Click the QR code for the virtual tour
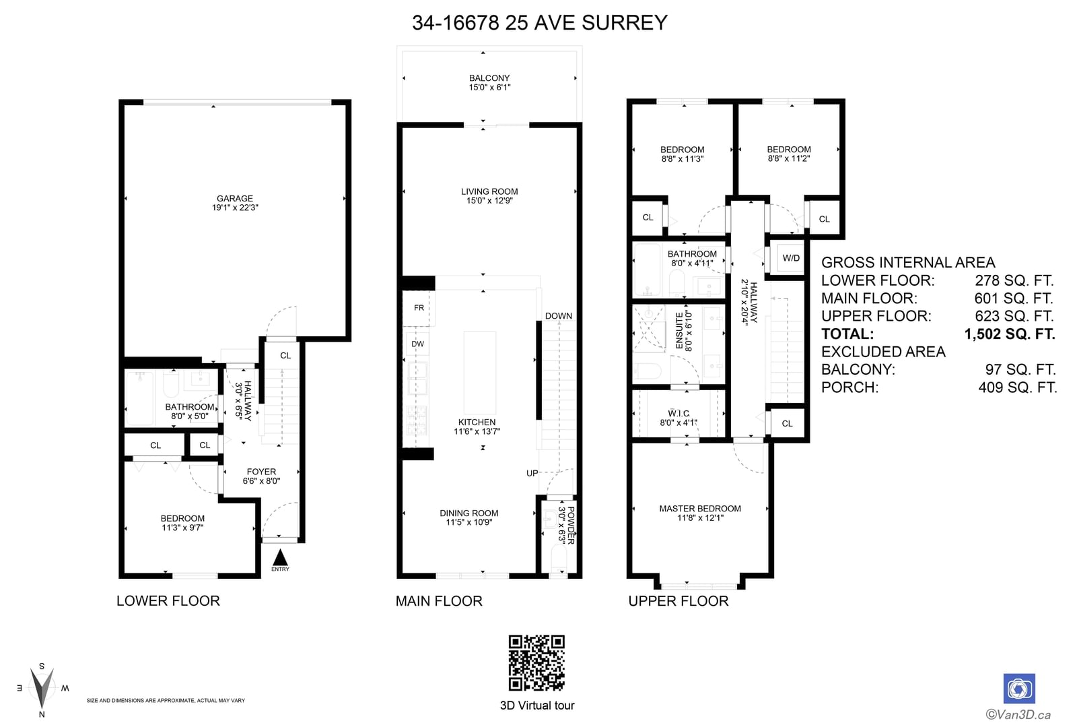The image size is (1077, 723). click(x=536, y=663)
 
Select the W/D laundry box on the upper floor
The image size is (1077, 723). click(x=791, y=258)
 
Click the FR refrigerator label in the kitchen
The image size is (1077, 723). click(x=419, y=307)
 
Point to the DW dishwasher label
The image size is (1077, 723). click(x=418, y=344)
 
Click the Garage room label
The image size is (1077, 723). click(x=235, y=198)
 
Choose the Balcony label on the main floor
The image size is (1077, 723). click(x=489, y=78)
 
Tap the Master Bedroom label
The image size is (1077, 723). click(x=700, y=508)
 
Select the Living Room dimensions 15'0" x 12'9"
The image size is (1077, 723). click(x=489, y=201)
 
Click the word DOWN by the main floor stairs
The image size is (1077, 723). click(x=559, y=316)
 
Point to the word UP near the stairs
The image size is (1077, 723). click(x=532, y=473)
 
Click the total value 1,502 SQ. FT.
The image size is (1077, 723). click(x=1010, y=334)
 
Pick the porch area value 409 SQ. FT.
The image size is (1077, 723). click(x=1018, y=387)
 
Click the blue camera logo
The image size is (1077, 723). click(x=1019, y=689)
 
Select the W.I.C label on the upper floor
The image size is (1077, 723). click(x=679, y=414)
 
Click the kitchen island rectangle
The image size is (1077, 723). click(x=479, y=372)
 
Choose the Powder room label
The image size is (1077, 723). click(x=571, y=525)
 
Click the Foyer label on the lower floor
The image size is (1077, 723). click(x=262, y=472)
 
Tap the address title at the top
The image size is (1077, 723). click(x=539, y=23)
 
